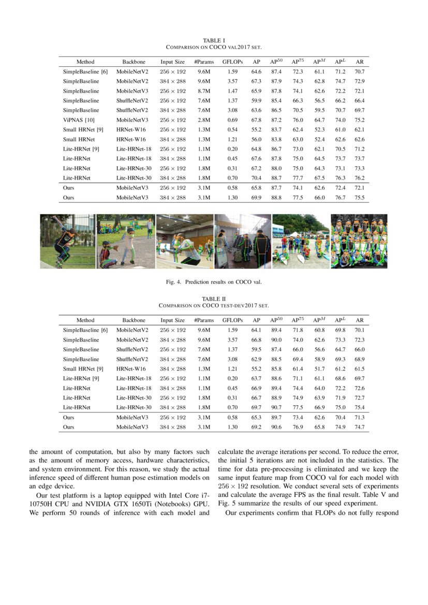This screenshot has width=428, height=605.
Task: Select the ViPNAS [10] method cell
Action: coord(79,120)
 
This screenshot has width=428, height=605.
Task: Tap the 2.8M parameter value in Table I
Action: coord(203,120)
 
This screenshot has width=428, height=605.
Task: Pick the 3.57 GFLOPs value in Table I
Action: coord(232,81)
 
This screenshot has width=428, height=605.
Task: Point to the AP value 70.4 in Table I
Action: coord(256,178)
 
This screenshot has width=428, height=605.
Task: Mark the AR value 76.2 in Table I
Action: coord(360,178)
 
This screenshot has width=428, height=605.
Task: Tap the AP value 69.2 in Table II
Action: coord(256,427)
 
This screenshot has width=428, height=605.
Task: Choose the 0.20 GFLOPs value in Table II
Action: coord(232,378)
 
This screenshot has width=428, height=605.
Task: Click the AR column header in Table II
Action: coord(360,320)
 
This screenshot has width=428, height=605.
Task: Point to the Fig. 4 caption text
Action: coord(214,283)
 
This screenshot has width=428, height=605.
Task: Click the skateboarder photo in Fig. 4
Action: coord(67,241)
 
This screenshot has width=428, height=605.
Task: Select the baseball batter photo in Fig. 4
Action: coord(125,241)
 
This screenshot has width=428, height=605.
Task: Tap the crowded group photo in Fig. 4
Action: coord(358,241)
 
